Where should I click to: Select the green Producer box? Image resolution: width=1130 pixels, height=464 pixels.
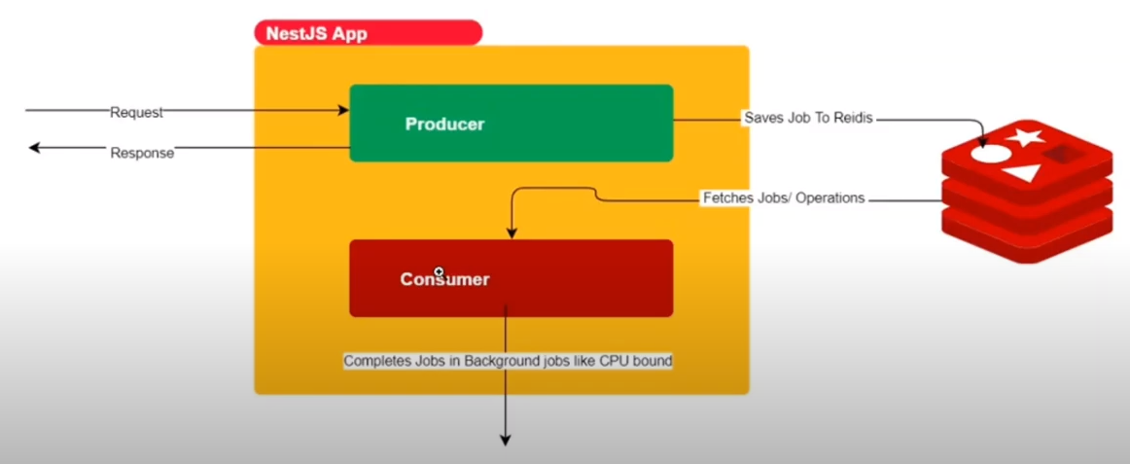[x=511, y=124]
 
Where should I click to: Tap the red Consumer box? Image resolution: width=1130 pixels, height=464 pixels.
[x=511, y=278]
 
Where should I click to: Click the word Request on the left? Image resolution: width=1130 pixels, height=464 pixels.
[x=136, y=112]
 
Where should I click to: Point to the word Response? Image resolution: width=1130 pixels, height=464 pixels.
[x=142, y=153]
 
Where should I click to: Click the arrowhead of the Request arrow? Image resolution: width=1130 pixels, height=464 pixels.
[x=343, y=111]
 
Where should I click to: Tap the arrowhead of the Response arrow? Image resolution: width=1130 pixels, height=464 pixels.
[x=34, y=148]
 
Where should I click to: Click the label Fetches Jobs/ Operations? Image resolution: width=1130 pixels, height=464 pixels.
[x=783, y=198]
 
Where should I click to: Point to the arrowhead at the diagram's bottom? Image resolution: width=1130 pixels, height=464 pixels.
[x=506, y=440]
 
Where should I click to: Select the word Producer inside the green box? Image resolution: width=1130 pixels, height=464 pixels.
[x=444, y=125]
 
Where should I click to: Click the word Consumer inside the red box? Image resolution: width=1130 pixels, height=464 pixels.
[x=444, y=280]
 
